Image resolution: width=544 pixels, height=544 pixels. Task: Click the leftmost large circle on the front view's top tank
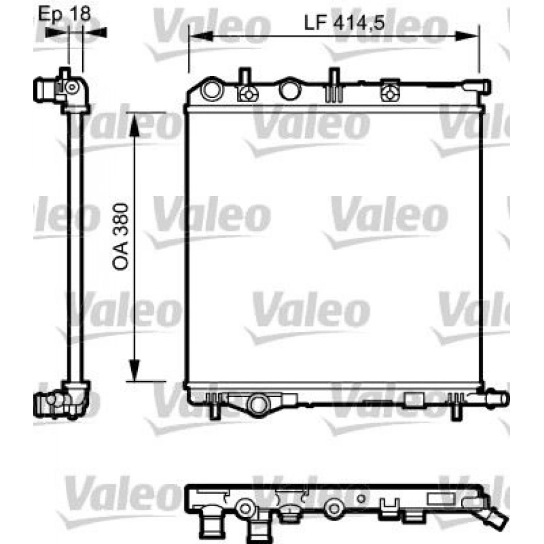pos(212,91)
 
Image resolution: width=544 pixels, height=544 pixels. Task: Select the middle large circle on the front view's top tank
pos(289,90)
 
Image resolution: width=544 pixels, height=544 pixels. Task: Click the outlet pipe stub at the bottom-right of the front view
pos(496,399)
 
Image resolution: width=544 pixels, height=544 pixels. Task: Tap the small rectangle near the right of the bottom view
pos(437,499)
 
